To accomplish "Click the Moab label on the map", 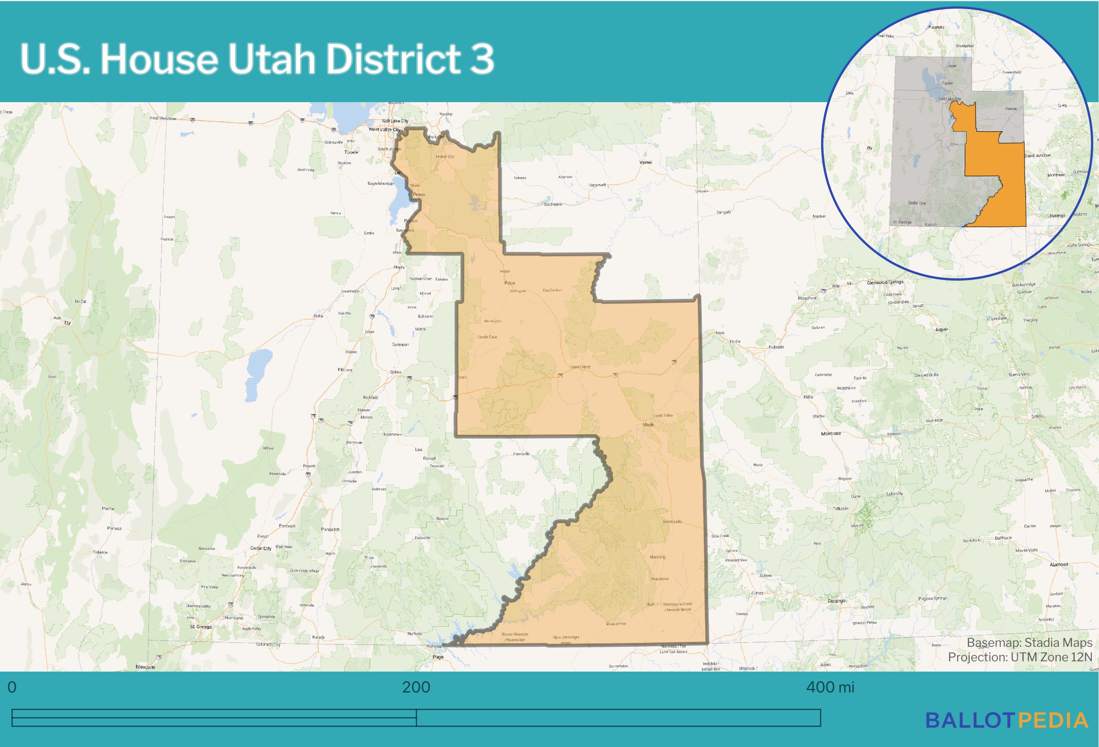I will point(648,424).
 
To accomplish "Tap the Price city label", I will point(509,283).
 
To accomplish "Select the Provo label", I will point(419,194).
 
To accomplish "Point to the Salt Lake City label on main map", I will point(395,121).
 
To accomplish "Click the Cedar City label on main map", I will point(261,548).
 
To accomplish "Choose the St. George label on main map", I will point(201,627).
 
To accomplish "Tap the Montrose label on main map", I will point(831,433).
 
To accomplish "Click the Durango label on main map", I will point(836,601).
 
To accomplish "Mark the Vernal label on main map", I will point(645,162).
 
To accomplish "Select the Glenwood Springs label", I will point(885,282).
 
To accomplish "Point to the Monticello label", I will point(672,522).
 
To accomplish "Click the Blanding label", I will point(657,557).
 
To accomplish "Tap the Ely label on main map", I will point(67,323).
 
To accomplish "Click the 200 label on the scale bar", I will point(416,687).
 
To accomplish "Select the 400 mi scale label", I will point(830,687).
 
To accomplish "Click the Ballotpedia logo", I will point(1007,721).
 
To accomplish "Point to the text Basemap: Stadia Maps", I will point(1029,642).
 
